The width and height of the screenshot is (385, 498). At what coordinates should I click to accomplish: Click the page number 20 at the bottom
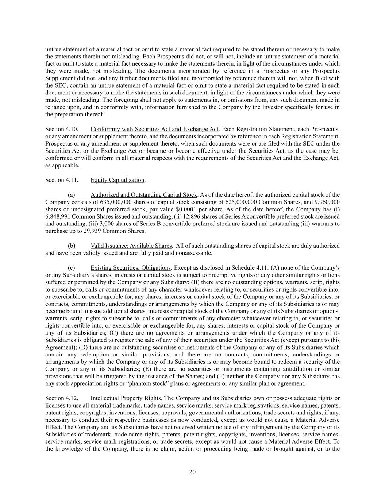[192, 472]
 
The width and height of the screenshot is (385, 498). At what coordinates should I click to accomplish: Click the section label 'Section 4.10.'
[61, 129]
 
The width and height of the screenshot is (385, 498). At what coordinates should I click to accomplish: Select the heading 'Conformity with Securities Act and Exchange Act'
[154, 129]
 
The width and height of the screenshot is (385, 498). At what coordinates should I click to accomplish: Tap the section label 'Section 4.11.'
[61, 180]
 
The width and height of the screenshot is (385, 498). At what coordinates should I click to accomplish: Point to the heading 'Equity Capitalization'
[118, 180]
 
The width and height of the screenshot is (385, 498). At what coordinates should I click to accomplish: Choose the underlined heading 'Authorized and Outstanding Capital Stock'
[144, 195]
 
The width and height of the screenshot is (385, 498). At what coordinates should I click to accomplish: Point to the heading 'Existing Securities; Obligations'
[131, 268]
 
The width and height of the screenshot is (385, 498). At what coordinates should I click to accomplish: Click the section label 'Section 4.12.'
[61, 398]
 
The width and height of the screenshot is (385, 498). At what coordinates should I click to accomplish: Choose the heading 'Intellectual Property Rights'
[126, 398]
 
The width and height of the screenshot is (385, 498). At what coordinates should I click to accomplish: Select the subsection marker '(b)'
[72, 246]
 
